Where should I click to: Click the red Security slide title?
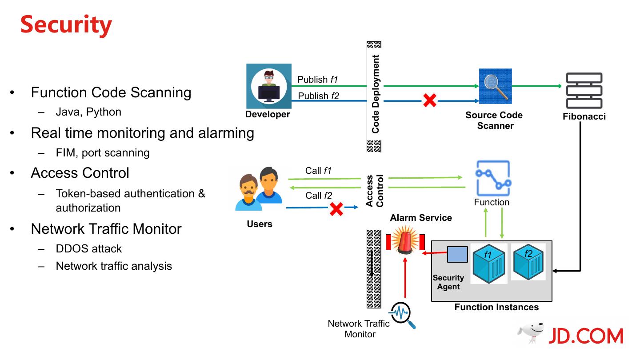pos(66,24)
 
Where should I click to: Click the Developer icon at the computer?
pos(269,86)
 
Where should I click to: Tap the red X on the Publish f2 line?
pos(429,100)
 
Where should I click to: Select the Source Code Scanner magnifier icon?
pos(495,86)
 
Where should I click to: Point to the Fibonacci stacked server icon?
pos(584,91)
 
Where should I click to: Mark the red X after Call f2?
pos(336,208)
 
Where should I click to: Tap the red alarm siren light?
pos(405,240)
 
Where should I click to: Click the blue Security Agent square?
pos(457,254)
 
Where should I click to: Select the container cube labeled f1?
pos(489,264)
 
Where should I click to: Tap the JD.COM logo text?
pos(585,336)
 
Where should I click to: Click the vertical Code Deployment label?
pos(376,94)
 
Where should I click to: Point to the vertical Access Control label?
pos(375,191)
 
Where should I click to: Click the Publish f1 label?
pos(318,80)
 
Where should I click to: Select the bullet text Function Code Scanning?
pos(111,92)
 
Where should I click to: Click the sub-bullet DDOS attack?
pos(89,248)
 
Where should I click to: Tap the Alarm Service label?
pos(421,218)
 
